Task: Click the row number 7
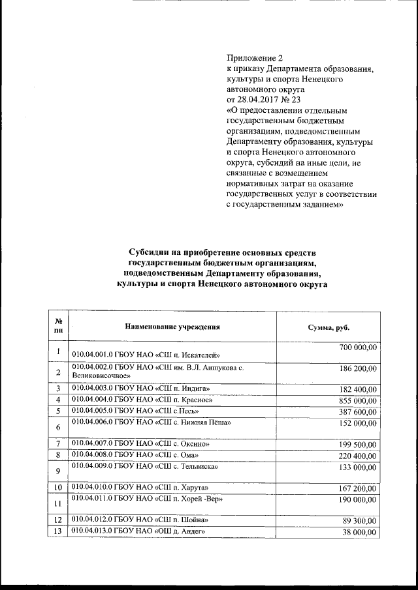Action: (x=58, y=444)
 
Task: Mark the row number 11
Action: (x=58, y=503)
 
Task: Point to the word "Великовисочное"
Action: (x=101, y=376)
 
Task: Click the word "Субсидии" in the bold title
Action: (x=148, y=252)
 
